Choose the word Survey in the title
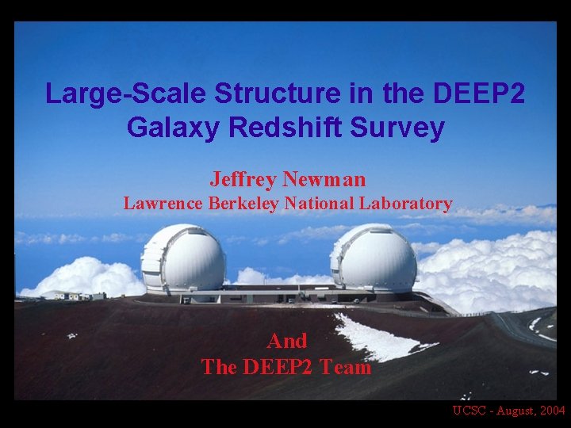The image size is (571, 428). (x=402, y=128)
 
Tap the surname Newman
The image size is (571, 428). (x=328, y=179)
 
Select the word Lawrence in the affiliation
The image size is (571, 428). (x=163, y=204)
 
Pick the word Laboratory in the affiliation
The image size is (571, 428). (x=405, y=204)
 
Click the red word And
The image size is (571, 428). (x=287, y=341)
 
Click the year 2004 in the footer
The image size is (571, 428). (x=550, y=411)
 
